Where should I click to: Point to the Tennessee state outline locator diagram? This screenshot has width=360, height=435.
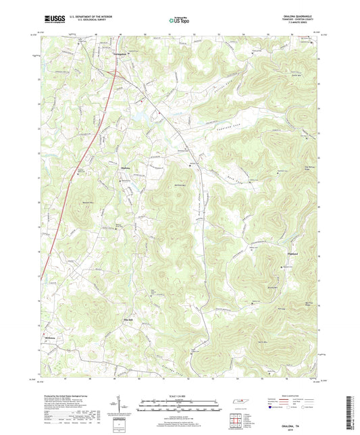coord(237,403)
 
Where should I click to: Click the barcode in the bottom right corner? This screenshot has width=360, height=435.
coord(353,412)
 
